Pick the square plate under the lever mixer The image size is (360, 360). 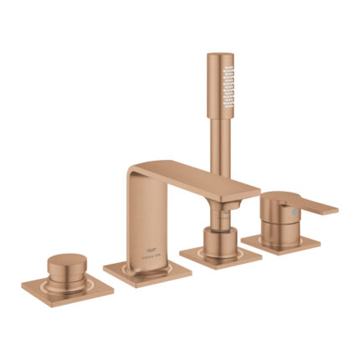(281, 243)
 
